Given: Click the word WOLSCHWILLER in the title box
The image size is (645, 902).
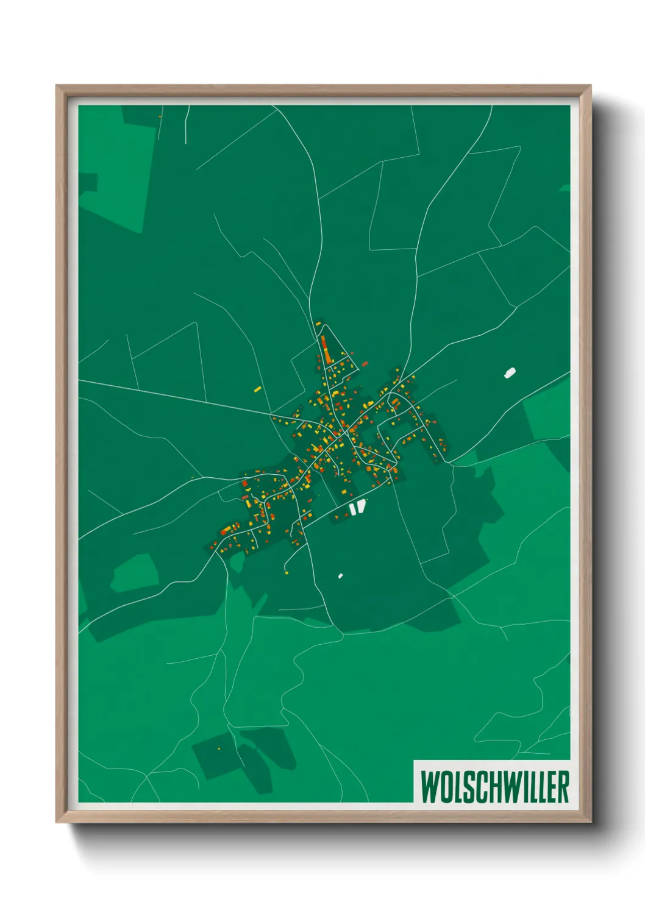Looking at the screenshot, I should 494,787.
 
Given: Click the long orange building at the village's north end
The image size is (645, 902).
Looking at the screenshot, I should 324,349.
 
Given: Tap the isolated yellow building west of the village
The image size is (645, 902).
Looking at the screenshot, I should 257,388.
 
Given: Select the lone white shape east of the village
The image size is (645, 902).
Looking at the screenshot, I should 510,372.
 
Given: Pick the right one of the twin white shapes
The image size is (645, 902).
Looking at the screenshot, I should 362,506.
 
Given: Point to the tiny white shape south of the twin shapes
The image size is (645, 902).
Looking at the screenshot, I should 340,575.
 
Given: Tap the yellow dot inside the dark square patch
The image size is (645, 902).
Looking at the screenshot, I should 219,748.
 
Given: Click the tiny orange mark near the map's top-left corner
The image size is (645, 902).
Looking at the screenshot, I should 160,116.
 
